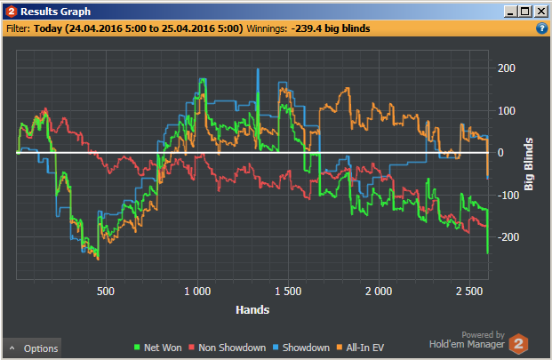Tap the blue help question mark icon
541,28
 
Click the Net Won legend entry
161,348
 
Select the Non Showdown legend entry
227,348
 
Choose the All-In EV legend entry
364,348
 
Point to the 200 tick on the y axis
507,68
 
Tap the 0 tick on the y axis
500,153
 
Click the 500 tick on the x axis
105,292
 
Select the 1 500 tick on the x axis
288,292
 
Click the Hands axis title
253,310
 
